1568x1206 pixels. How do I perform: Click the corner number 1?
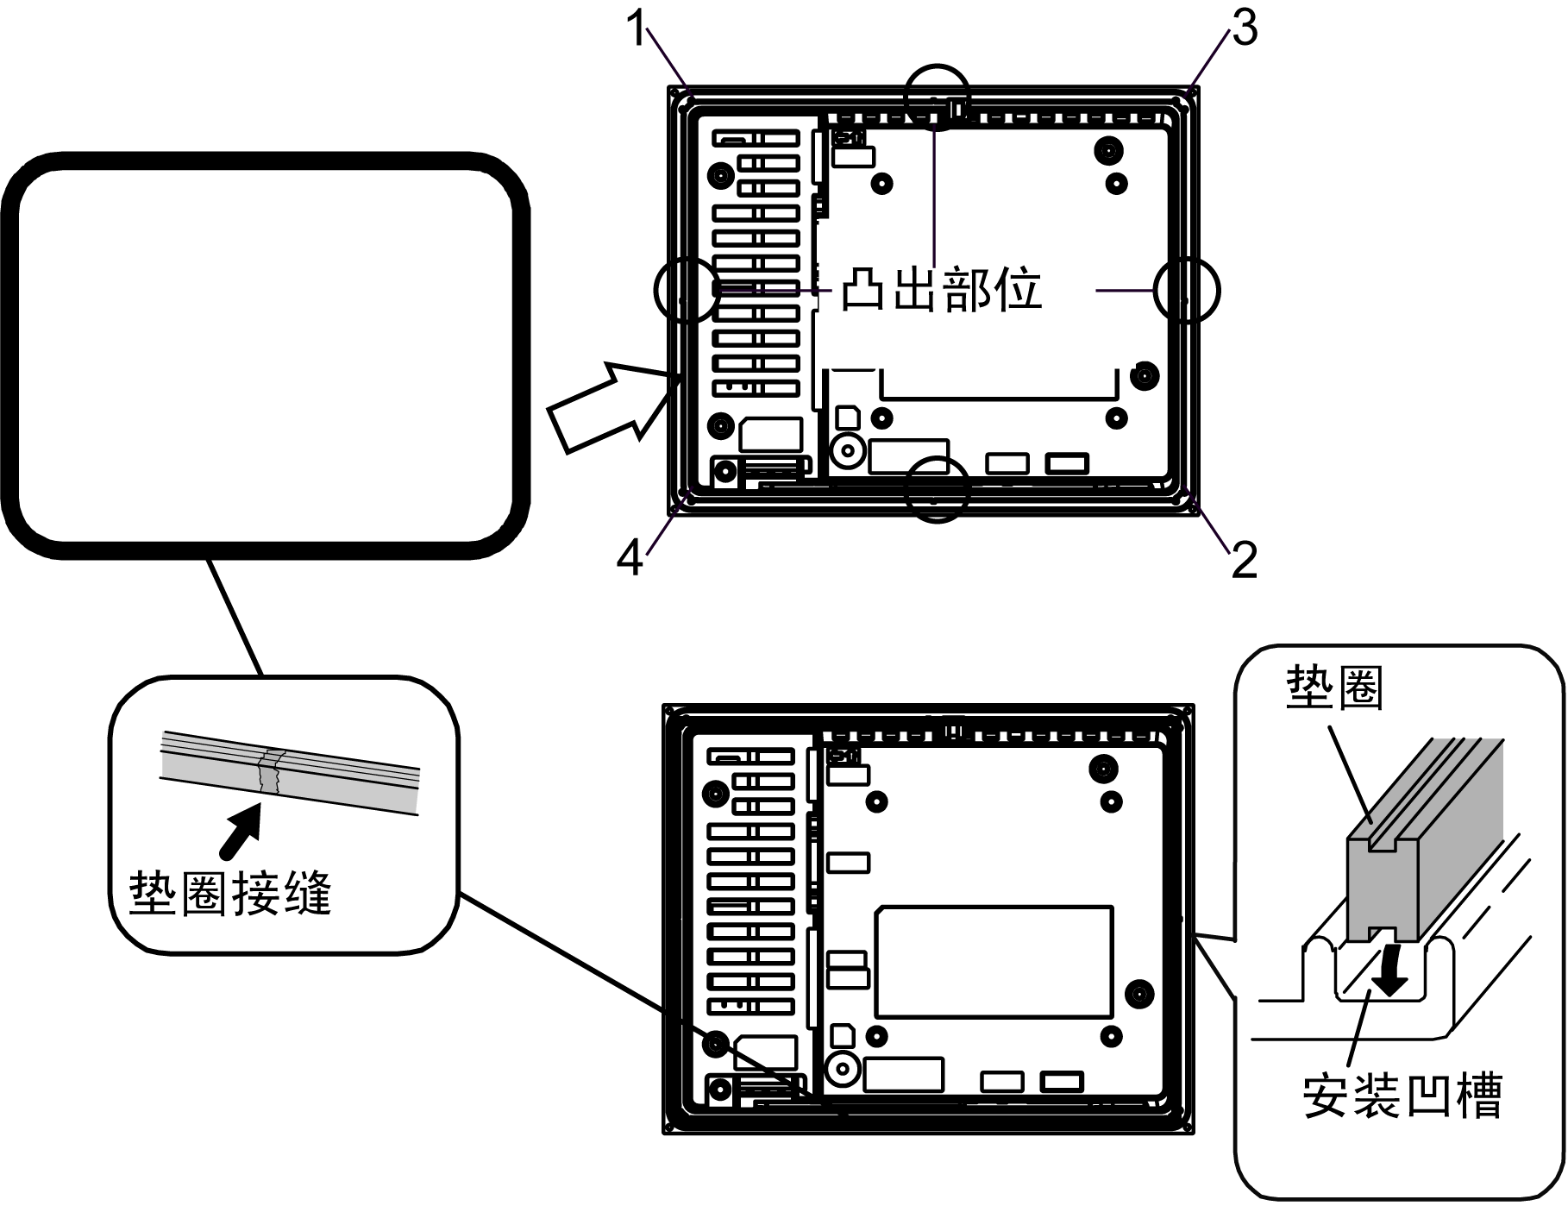pyautogui.click(x=637, y=30)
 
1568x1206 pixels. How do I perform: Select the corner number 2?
pyautogui.click(x=1244, y=561)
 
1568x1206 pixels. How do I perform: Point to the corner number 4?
pyautogui.click(x=630, y=559)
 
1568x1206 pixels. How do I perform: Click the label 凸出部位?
pyautogui.click(x=942, y=289)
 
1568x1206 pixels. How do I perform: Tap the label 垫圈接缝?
pyautogui.click(x=230, y=893)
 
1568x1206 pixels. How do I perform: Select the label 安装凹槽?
pyautogui.click(x=1402, y=1096)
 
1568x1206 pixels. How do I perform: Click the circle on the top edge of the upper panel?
pyautogui.click(x=938, y=97)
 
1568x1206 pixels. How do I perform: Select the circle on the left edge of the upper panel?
pyautogui.click(x=686, y=291)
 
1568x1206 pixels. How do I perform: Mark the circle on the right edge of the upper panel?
pyautogui.click(x=1188, y=291)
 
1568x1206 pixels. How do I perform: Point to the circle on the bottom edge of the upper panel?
pyautogui.click(x=938, y=489)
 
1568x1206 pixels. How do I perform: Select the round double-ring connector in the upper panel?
pyautogui.click(x=848, y=450)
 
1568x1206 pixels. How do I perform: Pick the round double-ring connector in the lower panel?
pyautogui.click(x=844, y=1071)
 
